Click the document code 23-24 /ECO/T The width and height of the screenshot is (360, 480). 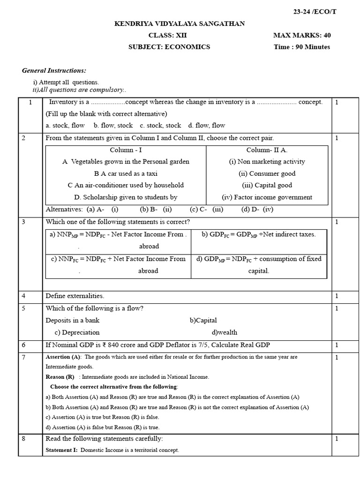[315, 12]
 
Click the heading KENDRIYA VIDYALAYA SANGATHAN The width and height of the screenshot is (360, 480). [180, 23]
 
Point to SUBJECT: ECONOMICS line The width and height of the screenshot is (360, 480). [169, 47]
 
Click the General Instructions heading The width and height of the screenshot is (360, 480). [54, 70]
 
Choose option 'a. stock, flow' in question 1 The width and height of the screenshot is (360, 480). [65, 125]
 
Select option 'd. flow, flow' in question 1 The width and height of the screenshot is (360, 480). [206, 125]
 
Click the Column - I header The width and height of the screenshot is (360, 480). [126, 150]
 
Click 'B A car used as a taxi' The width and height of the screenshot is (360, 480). [126, 173]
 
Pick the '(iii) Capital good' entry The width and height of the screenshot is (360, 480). [267, 185]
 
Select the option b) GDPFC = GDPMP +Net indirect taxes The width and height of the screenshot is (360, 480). [258, 234]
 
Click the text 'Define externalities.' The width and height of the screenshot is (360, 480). [75, 296]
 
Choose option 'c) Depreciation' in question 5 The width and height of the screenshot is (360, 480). [77, 332]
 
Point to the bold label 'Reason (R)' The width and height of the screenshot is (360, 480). [60, 376]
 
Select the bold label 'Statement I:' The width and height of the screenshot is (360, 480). [62, 450]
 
